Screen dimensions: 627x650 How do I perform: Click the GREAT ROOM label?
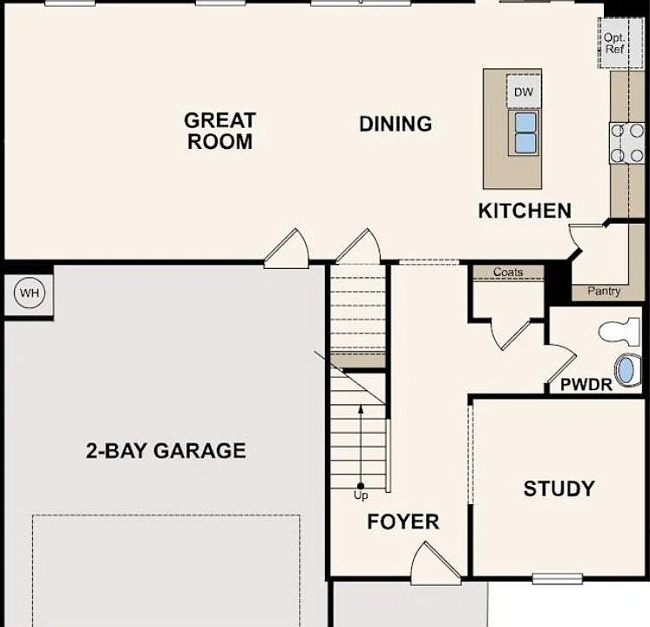click(x=220, y=131)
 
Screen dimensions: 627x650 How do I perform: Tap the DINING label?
click(x=396, y=124)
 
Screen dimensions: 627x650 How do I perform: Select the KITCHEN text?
click(x=525, y=210)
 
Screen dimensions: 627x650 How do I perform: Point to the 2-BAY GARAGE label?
click(x=166, y=450)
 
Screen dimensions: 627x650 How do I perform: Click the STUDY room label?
click(x=559, y=489)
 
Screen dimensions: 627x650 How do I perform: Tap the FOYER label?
click(x=403, y=522)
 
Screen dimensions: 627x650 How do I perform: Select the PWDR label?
click(x=586, y=383)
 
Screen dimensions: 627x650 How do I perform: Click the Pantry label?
click(x=604, y=291)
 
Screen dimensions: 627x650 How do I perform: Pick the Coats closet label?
click(x=508, y=273)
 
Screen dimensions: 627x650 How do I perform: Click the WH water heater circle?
click(x=30, y=293)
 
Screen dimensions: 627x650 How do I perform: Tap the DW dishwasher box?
click(x=523, y=92)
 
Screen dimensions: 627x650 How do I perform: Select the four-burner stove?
click(x=626, y=143)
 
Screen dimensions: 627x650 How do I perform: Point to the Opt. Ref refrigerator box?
click(x=614, y=44)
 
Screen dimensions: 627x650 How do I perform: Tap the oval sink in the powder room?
click(x=625, y=370)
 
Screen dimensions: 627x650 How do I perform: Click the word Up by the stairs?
click(x=361, y=496)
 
